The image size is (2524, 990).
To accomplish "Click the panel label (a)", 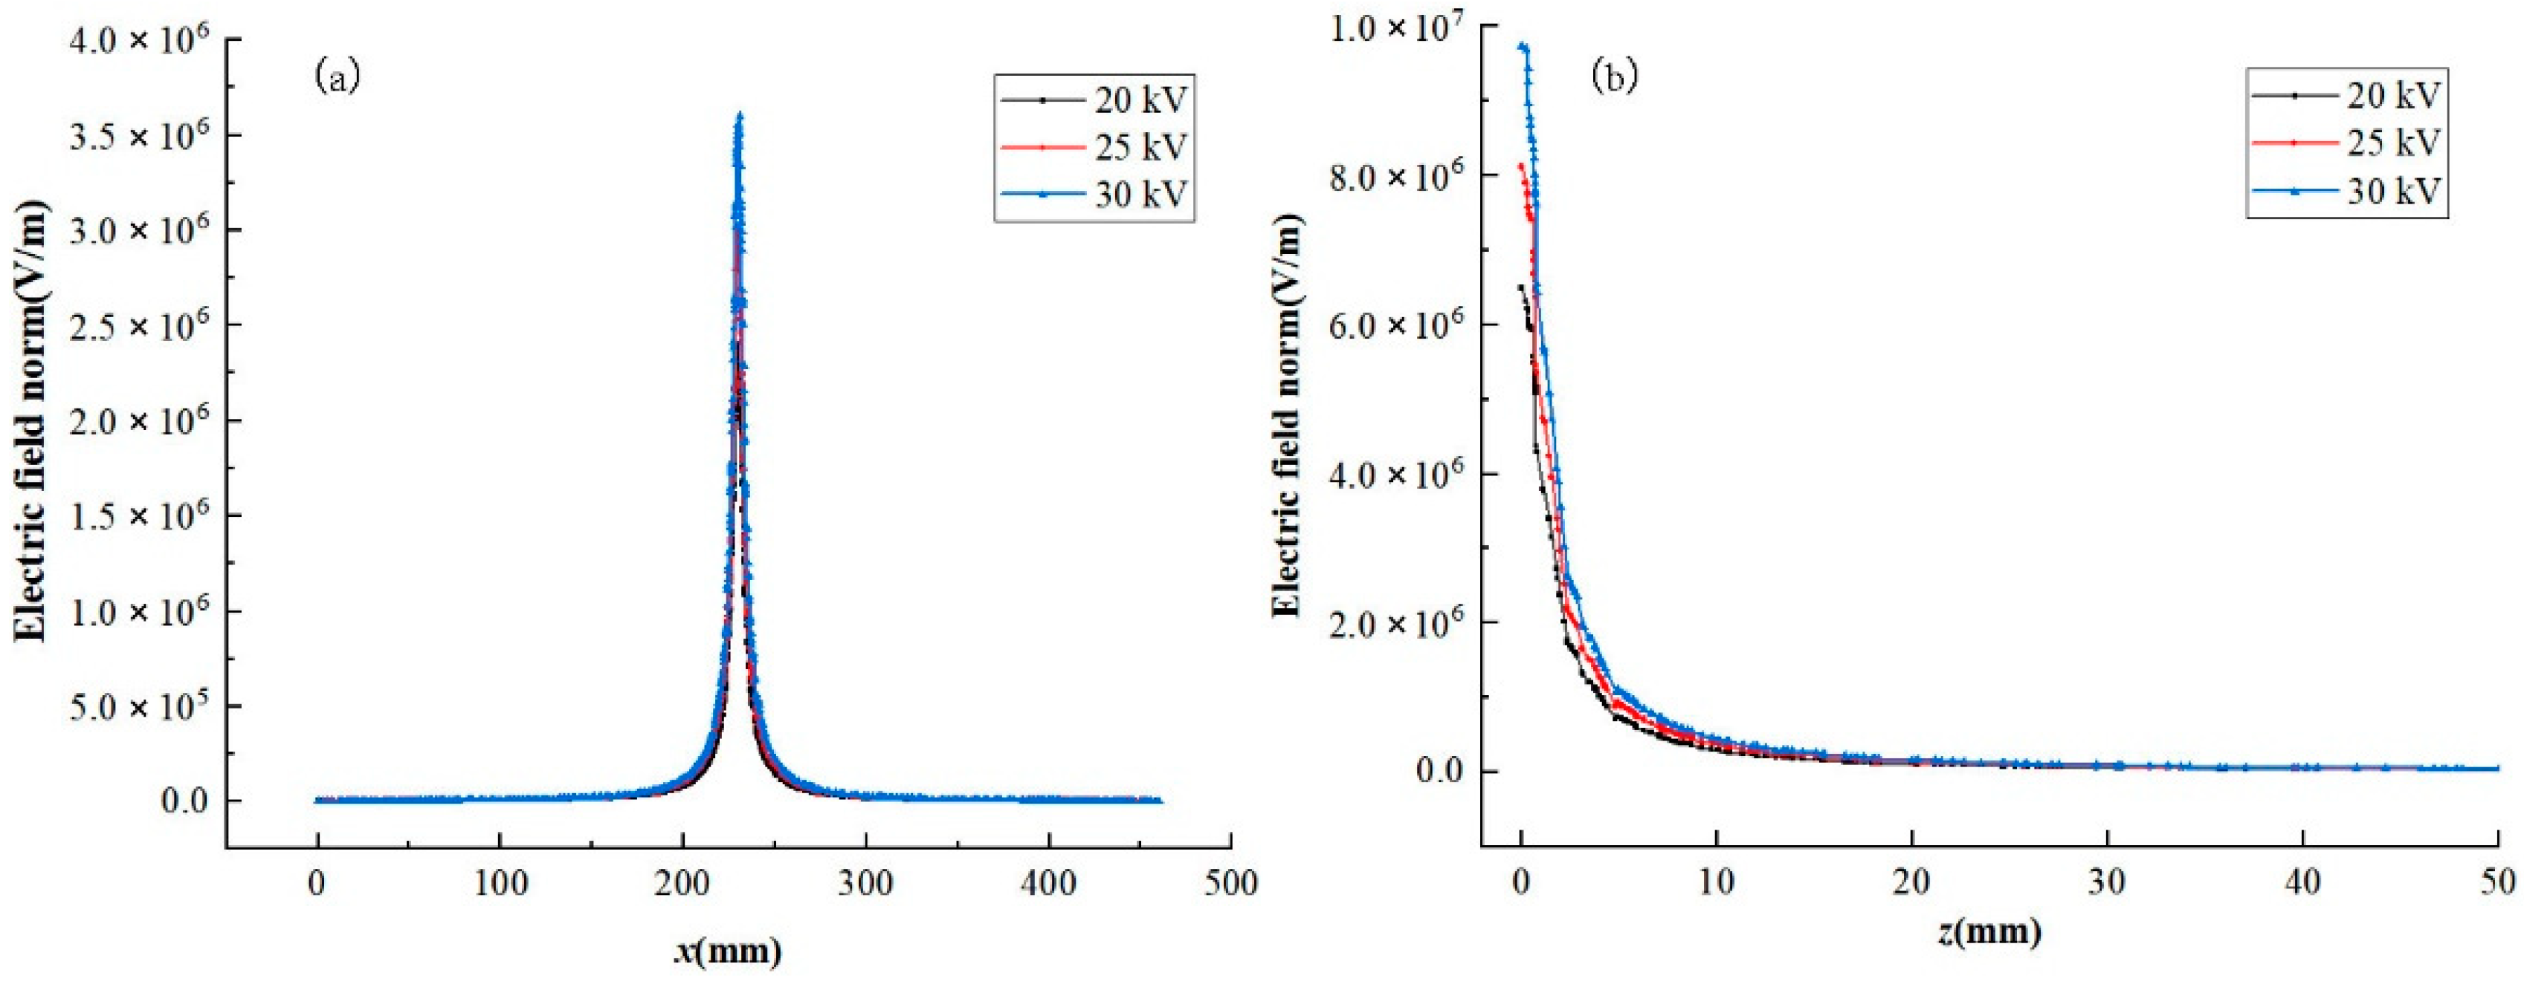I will click(x=338, y=76).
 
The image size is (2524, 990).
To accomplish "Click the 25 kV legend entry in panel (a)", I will click(x=1095, y=147).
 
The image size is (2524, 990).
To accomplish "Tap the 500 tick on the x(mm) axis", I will click(x=1230, y=883).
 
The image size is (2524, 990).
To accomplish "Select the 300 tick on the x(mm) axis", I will click(x=865, y=883).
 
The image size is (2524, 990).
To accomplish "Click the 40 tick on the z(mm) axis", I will click(x=2302, y=882).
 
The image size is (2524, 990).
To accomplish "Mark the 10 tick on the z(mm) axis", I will click(x=1716, y=882).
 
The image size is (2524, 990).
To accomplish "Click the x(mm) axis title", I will click(x=728, y=950).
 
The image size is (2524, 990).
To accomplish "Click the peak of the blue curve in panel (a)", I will click(x=740, y=116).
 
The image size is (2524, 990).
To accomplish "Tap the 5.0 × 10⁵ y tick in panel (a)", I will click(x=139, y=705).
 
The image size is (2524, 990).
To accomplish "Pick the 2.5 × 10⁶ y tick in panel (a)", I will click(x=139, y=325).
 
